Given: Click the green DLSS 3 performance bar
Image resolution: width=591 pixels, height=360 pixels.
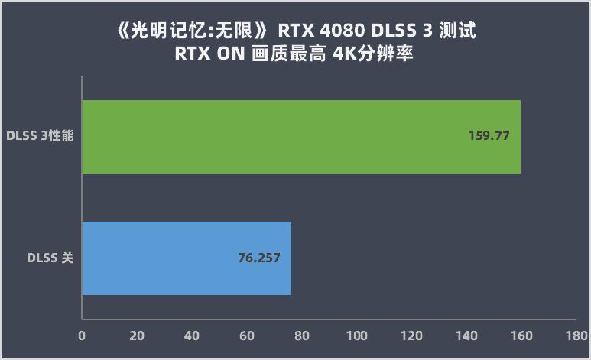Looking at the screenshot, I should (x=300, y=137).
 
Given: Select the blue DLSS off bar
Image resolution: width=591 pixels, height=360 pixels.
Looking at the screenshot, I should (x=186, y=258).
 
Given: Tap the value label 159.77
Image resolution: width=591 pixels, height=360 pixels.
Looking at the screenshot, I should (x=489, y=136).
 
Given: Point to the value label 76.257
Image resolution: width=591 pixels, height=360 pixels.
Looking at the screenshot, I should (x=259, y=258).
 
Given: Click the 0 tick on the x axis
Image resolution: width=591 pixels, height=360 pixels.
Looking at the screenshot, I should (x=82, y=336).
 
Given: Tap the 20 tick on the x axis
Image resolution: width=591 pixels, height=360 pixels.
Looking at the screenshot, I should (x=137, y=336).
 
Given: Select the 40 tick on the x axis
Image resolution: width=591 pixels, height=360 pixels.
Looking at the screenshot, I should (x=192, y=336).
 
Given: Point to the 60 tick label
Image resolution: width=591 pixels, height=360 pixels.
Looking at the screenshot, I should (x=246, y=336).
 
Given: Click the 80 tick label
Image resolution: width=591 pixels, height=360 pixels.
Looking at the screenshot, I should (x=301, y=336).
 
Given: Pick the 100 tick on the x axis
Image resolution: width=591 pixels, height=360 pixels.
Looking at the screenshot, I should (x=356, y=336).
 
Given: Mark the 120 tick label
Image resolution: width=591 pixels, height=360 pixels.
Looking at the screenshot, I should (x=411, y=336).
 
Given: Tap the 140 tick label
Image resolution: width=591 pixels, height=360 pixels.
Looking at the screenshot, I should (x=466, y=336).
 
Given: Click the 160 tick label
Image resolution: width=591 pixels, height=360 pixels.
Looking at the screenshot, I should (x=521, y=336).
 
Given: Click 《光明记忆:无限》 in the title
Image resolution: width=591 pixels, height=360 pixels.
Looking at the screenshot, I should (x=191, y=33).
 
